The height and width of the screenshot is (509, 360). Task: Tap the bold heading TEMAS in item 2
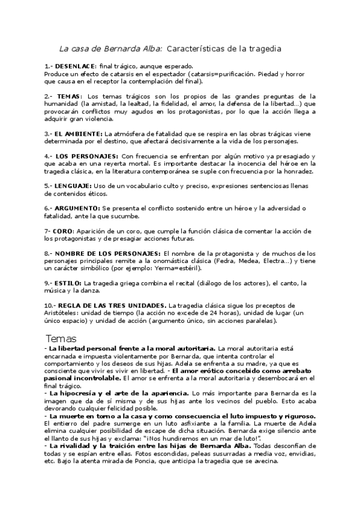(71, 95)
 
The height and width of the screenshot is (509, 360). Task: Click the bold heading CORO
(64, 230)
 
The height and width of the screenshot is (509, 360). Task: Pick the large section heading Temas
(65, 338)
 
